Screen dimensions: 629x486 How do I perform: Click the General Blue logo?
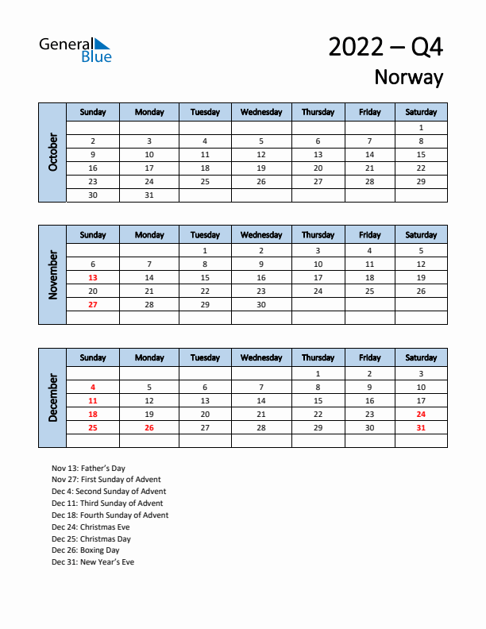(75, 49)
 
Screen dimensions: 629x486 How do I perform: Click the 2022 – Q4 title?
(385, 47)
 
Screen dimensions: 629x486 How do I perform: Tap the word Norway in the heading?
(408, 77)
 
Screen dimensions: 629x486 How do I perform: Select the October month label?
(52, 152)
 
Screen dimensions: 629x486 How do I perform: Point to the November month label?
(52, 275)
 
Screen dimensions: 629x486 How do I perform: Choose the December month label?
(52, 398)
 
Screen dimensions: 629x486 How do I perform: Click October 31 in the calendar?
(149, 195)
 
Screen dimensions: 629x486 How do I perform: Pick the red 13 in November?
(93, 277)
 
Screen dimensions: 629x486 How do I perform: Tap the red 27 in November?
(93, 304)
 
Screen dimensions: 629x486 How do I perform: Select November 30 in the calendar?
(261, 304)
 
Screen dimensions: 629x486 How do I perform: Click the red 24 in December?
(421, 414)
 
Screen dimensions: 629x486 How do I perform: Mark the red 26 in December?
(149, 427)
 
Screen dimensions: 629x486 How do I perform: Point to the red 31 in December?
(421, 427)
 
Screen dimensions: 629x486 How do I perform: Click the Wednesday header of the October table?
(261, 112)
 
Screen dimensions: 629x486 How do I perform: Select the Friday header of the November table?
(369, 235)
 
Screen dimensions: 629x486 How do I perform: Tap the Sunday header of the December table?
(93, 358)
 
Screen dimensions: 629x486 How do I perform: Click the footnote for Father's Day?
(88, 469)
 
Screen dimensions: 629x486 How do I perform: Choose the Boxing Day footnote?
(85, 550)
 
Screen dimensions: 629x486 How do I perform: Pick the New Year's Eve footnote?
(93, 562)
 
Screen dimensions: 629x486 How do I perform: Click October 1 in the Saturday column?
(421, 127)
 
